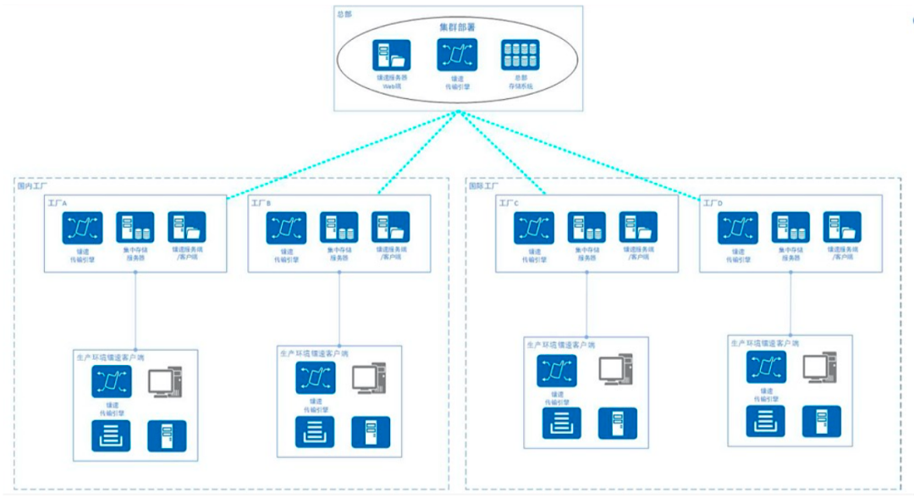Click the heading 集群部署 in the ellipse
(x=457, y=27)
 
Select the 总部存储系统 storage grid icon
(x=520, y=56)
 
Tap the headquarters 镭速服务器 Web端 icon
(x=393, y=56)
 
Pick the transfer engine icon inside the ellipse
(x=457, y=56)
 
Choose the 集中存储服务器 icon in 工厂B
(x=339, y=228)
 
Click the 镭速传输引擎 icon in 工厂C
(x=535, y=228)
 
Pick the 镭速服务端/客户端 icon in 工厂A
(x=187, y=228)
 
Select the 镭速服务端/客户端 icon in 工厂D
(x=841, y=228)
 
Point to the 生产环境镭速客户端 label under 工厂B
(x=314, y=353)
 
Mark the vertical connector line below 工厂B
(x=339, y=308)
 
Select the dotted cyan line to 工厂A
(x=339, y=156)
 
